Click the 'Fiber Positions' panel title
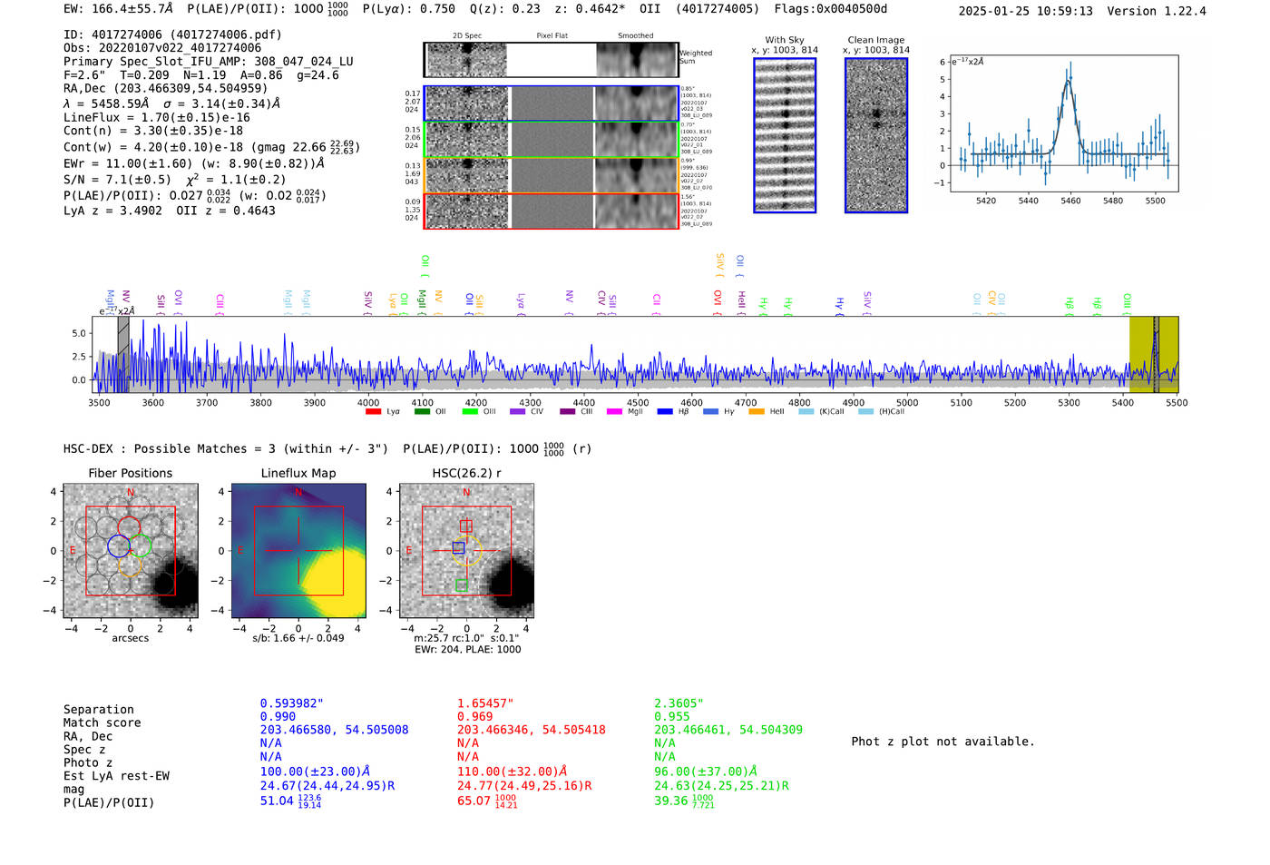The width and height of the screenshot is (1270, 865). click(130, 473)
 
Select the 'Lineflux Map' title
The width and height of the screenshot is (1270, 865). click(298, 473)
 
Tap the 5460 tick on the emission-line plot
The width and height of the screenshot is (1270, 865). click(1070, 201)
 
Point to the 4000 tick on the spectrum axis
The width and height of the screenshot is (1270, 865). click(368, 403)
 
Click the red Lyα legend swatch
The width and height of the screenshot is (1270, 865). click(373, 412)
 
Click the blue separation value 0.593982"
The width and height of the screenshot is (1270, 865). click(291, 703)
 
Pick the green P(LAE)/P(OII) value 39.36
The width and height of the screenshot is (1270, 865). click(671, 801)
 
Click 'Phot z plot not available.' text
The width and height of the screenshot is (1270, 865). click(943, 742)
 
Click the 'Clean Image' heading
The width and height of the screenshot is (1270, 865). click(876, 40)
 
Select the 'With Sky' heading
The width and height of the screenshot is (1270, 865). click(784, 40)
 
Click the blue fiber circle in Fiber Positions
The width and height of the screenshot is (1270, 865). click(119, 546)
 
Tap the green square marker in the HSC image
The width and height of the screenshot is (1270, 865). click(462, 585)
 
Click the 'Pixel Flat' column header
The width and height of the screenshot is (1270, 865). click(552, 35)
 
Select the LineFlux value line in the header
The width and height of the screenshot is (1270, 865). click(156, 117)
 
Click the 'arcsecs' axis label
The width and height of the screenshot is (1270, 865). click(130, 638)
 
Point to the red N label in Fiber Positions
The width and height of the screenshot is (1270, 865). click(131, 493)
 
